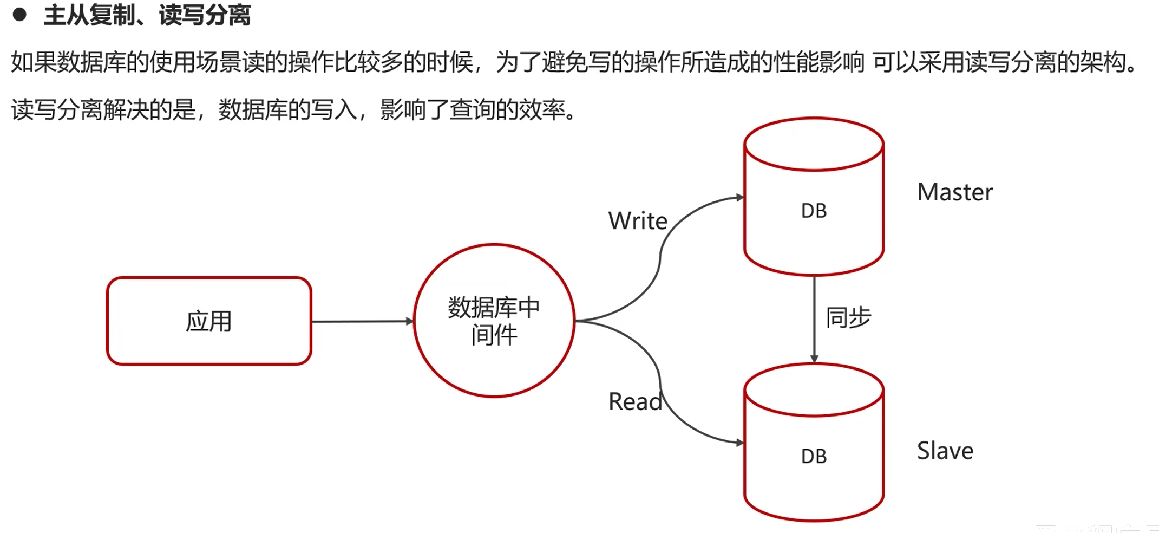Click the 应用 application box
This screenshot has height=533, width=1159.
pos(209,321)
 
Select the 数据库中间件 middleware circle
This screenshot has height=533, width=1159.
pos(494,321)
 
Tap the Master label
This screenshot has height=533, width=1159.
pos(955,192)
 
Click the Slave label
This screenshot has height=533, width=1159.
pos(945,451)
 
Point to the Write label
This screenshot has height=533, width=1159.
pos(638,221)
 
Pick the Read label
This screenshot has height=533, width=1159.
pos(635,401)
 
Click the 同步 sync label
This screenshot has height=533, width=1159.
pos(848,317)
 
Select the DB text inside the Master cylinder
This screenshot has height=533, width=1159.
pos(814,211)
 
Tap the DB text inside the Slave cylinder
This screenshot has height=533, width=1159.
pos(814,456)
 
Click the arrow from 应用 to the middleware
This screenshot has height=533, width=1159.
pos(362,321)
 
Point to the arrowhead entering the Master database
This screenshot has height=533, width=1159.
pos(739,198)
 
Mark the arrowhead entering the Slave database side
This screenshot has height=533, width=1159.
pos(739,443)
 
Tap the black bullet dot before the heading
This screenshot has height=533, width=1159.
pos(19,15)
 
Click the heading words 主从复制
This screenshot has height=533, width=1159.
pos(89,15)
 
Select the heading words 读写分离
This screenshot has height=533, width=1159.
pos(205,15)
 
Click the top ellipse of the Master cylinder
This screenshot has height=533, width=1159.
pos(814,144)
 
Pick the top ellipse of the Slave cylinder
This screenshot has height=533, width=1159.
pos(814,390)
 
